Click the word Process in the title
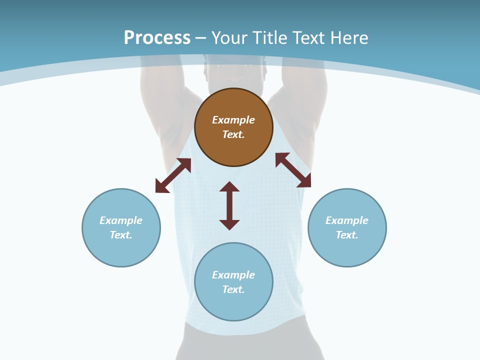pos(157,38)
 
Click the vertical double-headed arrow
pos(229,205)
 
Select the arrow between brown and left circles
pos(173,175)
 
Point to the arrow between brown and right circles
pos(293,170)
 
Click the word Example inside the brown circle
pos(233,120)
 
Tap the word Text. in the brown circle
pos(233,134)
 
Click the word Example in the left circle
pos(121,220)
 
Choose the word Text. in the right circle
pos(347,235)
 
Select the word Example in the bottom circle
pos(233,275)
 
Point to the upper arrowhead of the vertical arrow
pos(229,186)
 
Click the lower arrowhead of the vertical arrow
pos(229,224)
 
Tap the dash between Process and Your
pos(201,38)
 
